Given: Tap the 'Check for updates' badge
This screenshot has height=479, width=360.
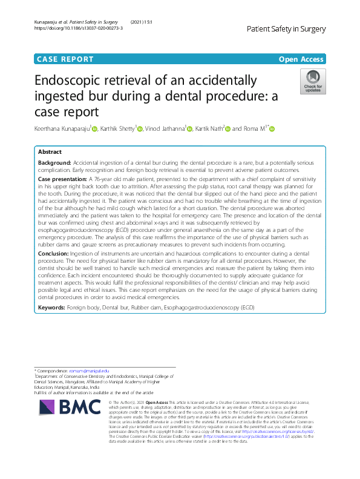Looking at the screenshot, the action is click(x=313, y=82).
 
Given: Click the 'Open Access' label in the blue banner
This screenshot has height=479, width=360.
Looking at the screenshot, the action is click(x=301, y=59).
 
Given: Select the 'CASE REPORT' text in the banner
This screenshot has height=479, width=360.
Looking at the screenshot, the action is click(x=65, y=59).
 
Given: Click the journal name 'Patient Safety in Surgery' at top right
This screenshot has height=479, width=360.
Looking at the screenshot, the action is click(x=286, y=29).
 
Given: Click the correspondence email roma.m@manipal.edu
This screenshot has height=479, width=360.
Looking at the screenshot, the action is click(x=89, y=370).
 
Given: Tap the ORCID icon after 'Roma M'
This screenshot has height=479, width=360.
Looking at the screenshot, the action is click(x=272, y=129).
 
